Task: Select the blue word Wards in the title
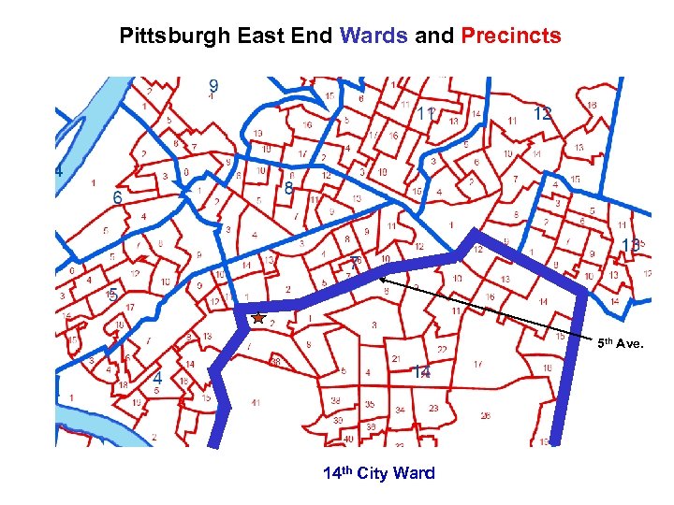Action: pos(374,36)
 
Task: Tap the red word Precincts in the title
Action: pos(510,36)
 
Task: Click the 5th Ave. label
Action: pos(621,343)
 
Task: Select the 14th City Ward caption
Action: pos(378,473)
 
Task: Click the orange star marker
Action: pos(258,318)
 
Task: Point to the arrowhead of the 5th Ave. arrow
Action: pos(382,276)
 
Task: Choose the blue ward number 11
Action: pos(426,113)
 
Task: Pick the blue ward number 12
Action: pos(541,113)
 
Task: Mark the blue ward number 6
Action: pos(117,198)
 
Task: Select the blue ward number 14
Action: pos(422,372)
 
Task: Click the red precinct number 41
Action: pos(256,403)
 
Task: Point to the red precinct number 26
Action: pos(485,414)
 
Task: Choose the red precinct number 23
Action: pos(433,408)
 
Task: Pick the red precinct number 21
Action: pos(396,359)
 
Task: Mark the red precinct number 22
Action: pos(441,349)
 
